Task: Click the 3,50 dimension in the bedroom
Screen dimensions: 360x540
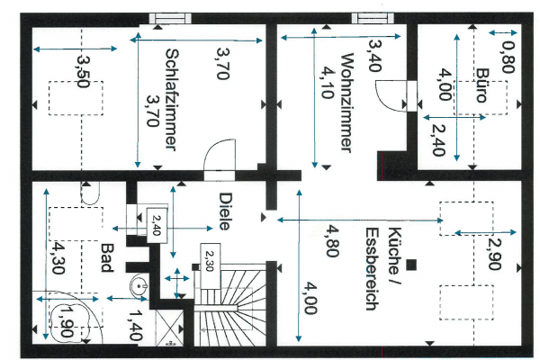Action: click(x=83, y=71)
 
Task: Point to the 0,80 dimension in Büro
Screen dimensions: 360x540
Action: click(x=506, y=57)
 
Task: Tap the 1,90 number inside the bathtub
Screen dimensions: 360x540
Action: click(x=64, y=320)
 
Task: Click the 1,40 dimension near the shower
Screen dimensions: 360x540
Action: click(x=135, y=324)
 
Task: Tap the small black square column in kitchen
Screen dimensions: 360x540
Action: click(x=411, y=264)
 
